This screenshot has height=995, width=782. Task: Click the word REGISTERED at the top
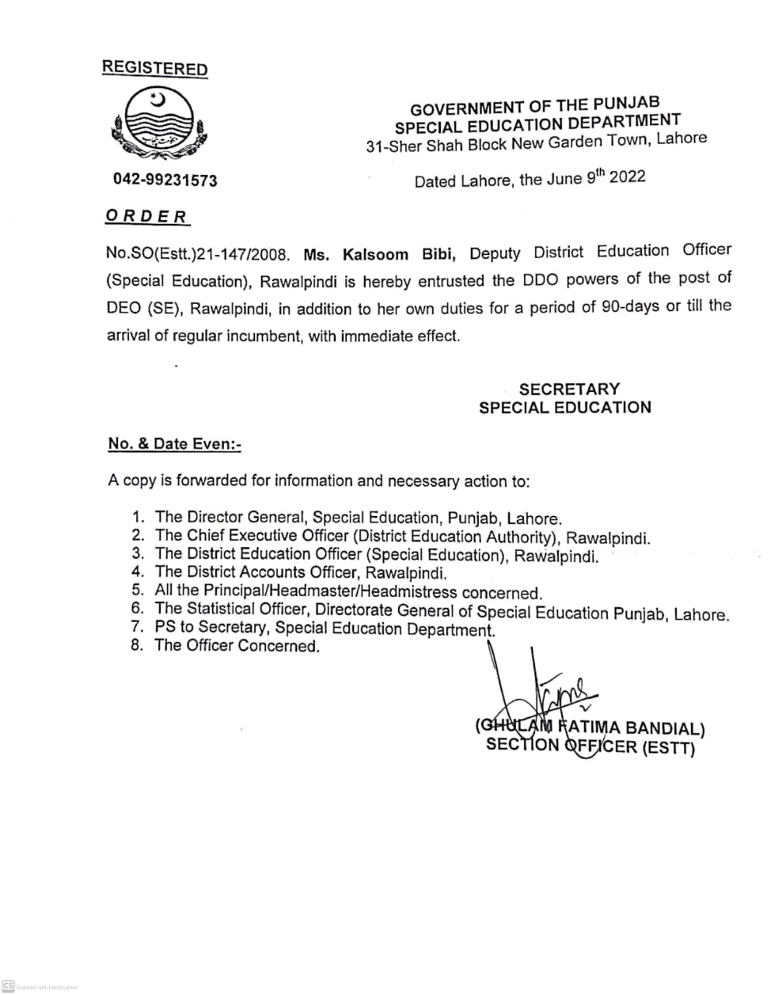[x=155, y=68]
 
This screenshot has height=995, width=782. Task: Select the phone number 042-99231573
[x=166, y=180]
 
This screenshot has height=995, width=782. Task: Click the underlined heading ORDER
[x=147, y=216]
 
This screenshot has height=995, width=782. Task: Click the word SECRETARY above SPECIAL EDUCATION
[x=569, y=389]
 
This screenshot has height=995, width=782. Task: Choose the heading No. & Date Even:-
[x=175, y=444]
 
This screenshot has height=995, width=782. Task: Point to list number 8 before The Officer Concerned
[x=138, y=646]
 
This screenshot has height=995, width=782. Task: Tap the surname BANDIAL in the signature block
[x=663, y=729]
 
